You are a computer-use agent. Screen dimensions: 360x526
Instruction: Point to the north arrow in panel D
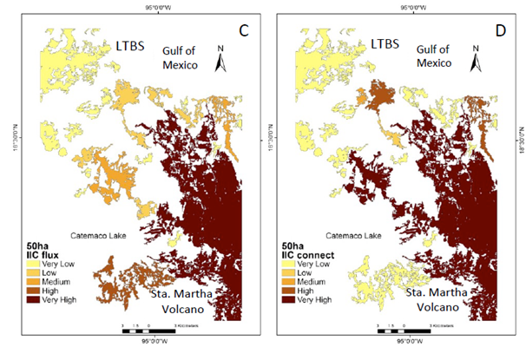[476, 58]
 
